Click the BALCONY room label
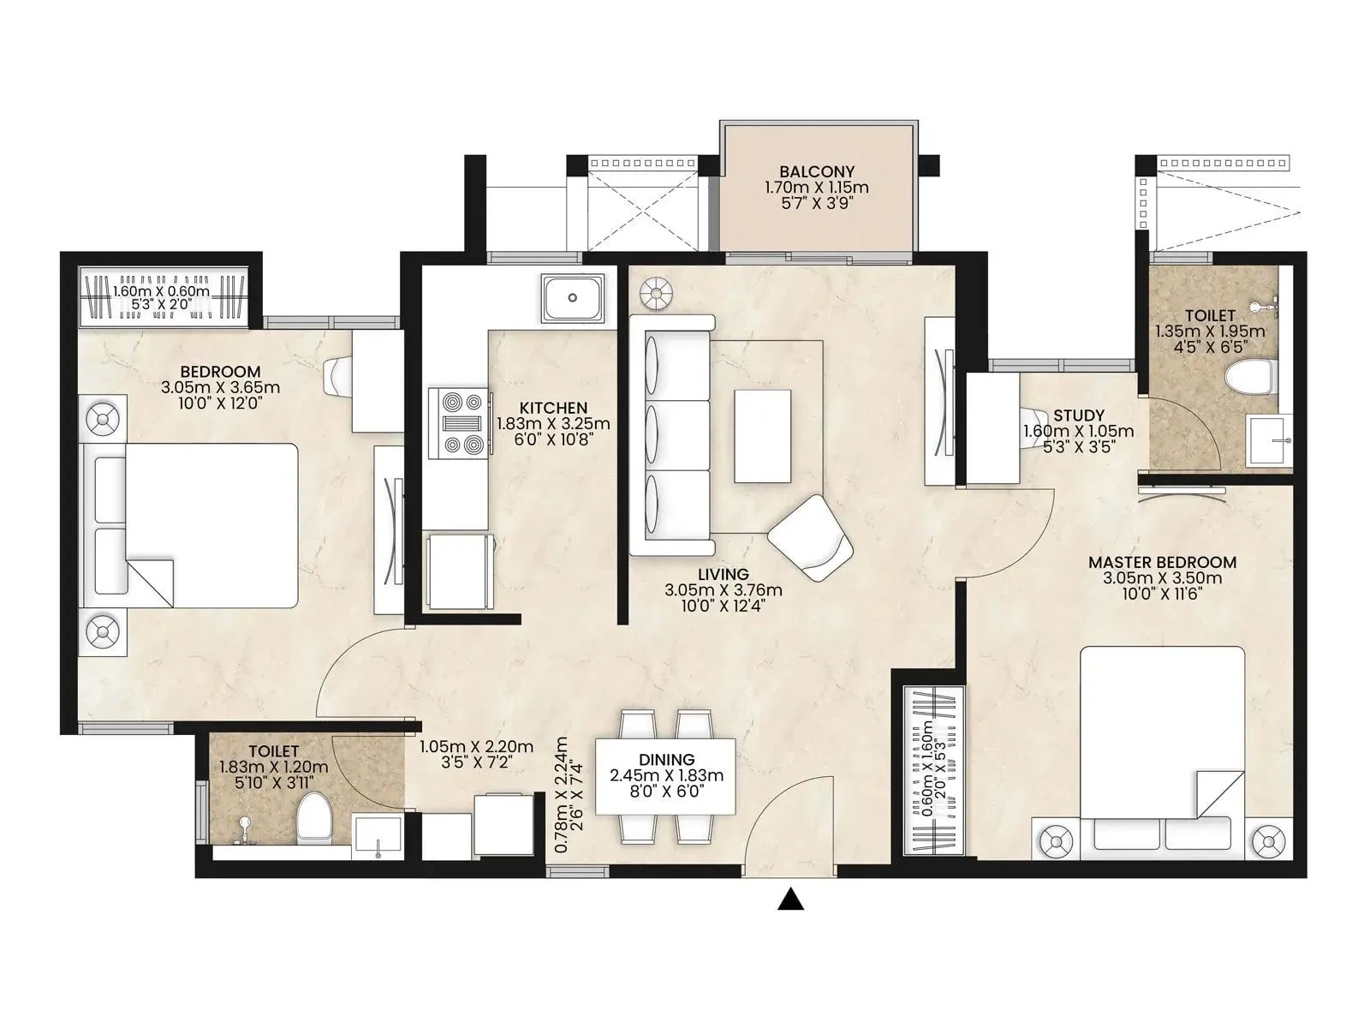coord(816,172)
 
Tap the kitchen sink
coord(572,298)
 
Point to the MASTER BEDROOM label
coord(1162,563)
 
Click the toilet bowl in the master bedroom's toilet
coord(1249,375)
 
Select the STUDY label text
coord(1078,415)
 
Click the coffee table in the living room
coord(762,436)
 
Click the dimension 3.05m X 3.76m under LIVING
coord(723,590)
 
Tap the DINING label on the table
coord(666,760)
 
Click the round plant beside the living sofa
coord(656,294)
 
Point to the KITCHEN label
coord(553,408)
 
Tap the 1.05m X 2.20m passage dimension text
coord(476,747)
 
